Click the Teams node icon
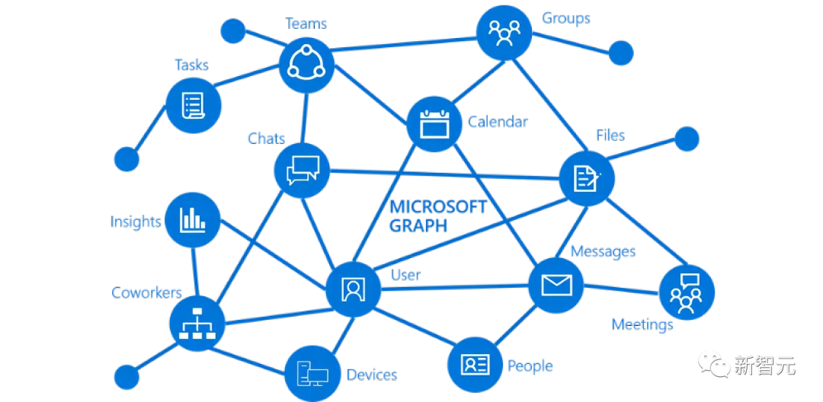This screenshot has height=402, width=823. [305, 65]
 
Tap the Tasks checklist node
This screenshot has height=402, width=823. [194, 104]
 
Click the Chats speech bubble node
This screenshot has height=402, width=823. [302, 171]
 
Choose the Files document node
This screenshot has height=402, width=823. [586, 178]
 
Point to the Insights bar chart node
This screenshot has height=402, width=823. [193, 221]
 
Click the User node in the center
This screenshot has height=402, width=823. [352, 290]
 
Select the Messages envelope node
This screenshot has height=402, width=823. [556, 286]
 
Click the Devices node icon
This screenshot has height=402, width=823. [312, 373]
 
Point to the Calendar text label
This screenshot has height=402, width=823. [498, 122]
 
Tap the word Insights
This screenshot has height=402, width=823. [136, 222]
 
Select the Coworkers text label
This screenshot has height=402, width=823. [146, 293]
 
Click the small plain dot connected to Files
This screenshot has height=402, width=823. [687, 139]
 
